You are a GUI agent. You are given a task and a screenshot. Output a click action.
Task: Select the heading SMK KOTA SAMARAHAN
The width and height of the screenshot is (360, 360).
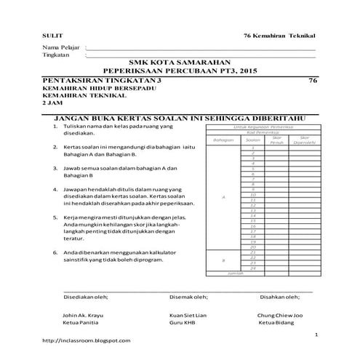(x=179, y=63)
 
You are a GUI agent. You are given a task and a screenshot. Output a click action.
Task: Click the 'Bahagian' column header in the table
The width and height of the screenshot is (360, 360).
(x=222, y=139)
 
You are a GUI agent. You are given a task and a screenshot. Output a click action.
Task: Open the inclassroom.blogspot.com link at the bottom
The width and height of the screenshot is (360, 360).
(x=87, y=340)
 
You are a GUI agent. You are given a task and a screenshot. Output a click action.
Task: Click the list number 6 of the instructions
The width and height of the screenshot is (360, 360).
(x=55, y=252)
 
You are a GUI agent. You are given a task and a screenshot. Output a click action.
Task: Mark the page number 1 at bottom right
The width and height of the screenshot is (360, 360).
(x=316, y=334)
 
